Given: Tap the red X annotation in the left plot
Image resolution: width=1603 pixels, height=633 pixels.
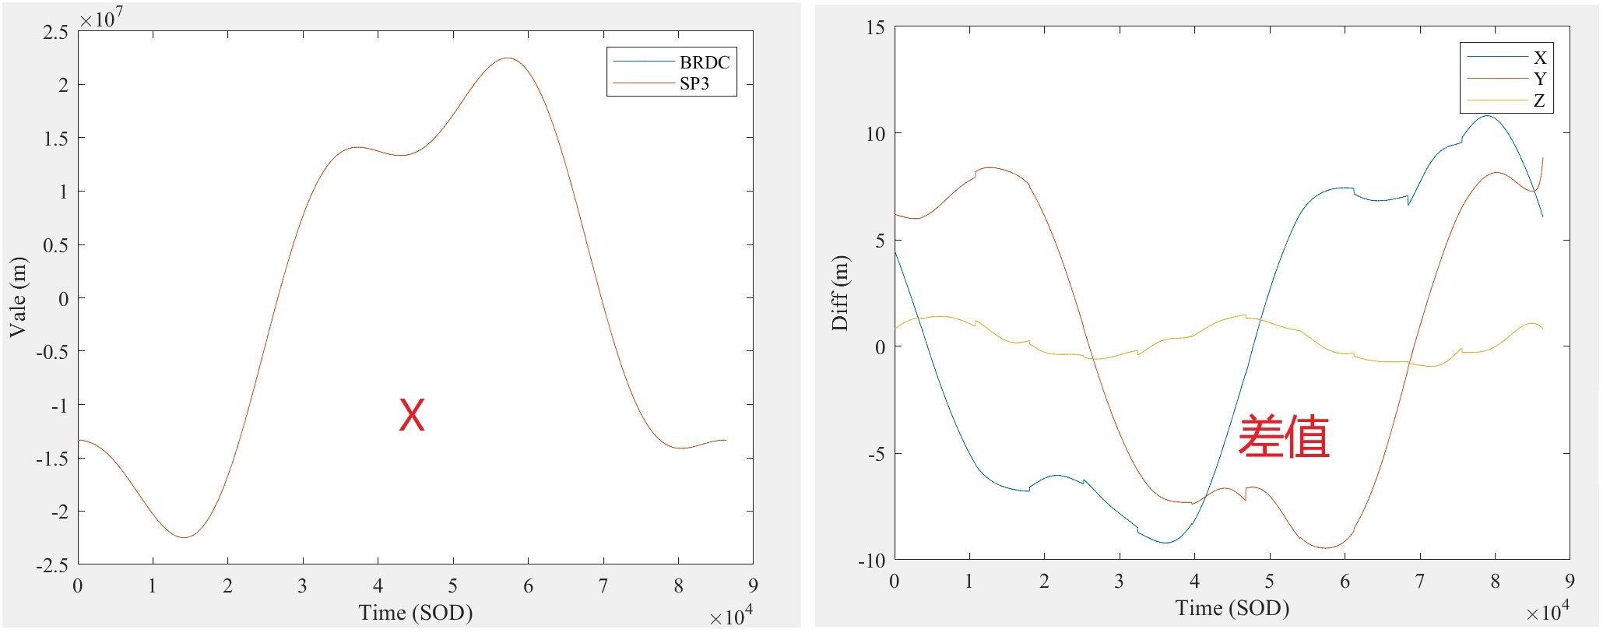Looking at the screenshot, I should pyautogui.click(x=412, y=415).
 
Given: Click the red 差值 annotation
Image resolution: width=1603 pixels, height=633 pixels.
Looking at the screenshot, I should pyautogui.click(x=1283, y=436).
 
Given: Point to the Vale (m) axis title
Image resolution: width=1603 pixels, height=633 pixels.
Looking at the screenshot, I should pyautogui.click(x=18, y=297).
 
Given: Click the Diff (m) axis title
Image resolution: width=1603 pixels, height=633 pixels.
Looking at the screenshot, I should pyautogui.click(x=840, y=294).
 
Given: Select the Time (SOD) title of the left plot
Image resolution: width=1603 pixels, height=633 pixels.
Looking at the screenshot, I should pyautogui.click(x=416, y=613).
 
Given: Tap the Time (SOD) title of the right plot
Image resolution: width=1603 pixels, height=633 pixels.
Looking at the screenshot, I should pyautogui.click(x=1232, y=608).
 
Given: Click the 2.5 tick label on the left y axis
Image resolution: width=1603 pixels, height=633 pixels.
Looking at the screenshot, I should pyautogui.click(x=56, y=32).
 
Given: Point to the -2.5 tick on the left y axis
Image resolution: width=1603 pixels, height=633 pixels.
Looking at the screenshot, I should pyautogui.click(x=52, y=565).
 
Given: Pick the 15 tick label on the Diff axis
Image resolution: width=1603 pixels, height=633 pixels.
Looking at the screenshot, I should pyautogui.click(x=876, y=28).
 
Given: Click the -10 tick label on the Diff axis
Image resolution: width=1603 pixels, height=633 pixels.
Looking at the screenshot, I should pyautogui.click(x=873, y=561).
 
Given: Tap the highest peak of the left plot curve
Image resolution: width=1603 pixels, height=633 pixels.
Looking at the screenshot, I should pyautogui.click(x=507, y=58).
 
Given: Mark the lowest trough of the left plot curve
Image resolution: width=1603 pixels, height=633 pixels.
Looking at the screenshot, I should pyautogui.click(x=184, y=537).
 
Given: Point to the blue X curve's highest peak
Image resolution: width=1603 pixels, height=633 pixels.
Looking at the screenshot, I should pyautogui.click(x=1488, y=116).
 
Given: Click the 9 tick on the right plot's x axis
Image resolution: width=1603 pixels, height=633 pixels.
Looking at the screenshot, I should pyautogui.click(x=1570, y=581).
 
